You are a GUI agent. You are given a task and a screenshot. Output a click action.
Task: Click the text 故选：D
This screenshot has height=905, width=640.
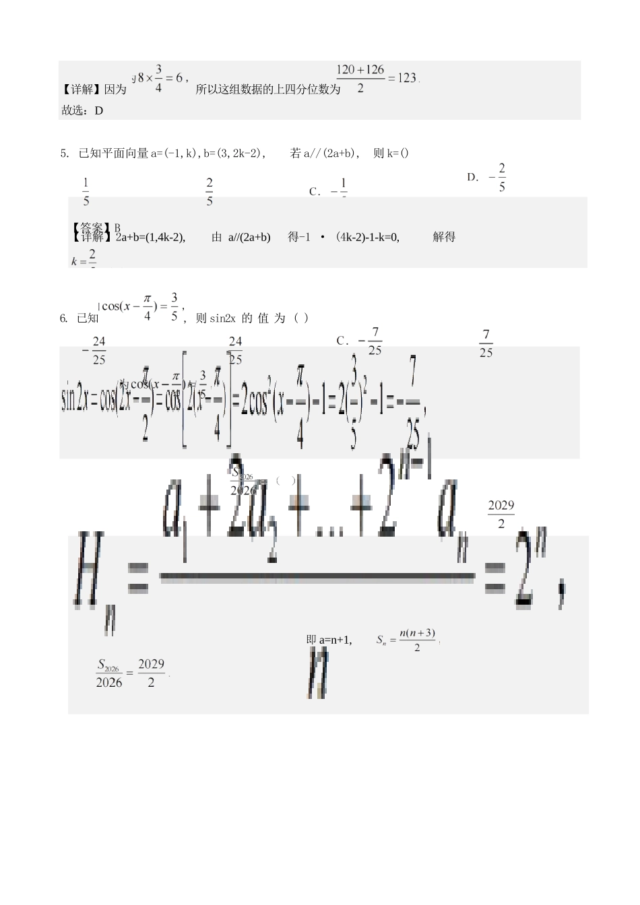[82, 110]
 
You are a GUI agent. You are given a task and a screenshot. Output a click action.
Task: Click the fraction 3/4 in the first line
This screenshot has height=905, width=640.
[158, 78]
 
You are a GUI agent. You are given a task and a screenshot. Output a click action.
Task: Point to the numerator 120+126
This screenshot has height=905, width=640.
[360, 69]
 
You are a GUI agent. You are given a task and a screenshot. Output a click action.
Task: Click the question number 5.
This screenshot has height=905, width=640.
[64, 154]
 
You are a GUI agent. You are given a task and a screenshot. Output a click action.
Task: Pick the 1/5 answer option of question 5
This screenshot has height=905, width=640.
[86, 191]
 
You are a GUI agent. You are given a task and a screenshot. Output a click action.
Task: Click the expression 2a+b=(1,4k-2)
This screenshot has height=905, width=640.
[150, 237]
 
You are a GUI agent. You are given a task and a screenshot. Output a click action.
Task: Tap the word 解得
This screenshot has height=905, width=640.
[444, 237]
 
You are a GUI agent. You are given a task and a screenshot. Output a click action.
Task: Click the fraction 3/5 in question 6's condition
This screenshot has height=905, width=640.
[174, 306]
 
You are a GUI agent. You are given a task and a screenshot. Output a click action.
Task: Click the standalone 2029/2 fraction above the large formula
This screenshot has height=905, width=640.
[501, 514]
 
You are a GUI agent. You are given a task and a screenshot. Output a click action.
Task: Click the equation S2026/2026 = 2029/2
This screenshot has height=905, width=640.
[131, 673]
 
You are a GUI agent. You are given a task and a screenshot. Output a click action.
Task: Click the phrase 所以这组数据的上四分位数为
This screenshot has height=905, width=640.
[267, 89]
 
